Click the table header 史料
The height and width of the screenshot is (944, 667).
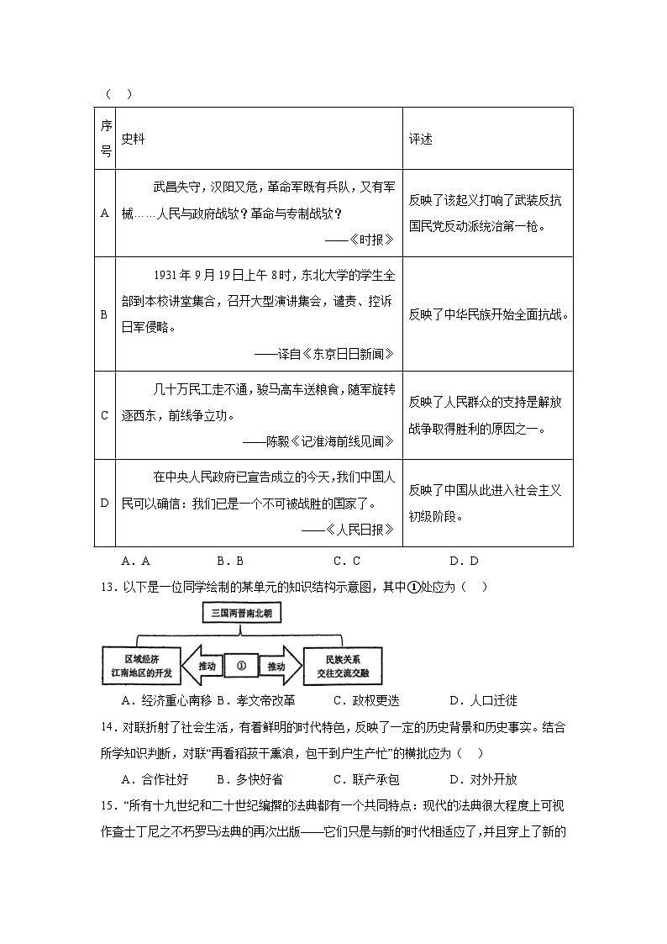[134, 139]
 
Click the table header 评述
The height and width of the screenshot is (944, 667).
[421, 139]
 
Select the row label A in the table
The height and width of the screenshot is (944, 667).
[105, 214]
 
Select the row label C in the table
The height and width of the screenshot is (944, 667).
[105, 415]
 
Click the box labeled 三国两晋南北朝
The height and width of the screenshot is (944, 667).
[242, 614]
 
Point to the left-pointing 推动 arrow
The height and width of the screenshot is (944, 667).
[202, 667]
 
